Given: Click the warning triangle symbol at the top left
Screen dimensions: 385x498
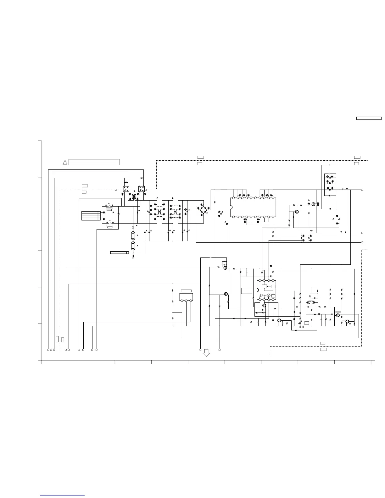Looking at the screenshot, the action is (x=65, y=162).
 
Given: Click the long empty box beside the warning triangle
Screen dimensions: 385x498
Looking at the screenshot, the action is (x=94, y=162).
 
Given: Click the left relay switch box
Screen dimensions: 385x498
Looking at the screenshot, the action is (x=126, y=190).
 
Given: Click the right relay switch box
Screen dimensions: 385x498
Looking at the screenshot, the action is (x=142, y=190).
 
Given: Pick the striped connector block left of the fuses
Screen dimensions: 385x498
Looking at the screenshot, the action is (x=91, y=216).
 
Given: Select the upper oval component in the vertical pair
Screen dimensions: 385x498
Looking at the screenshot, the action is (x=133, y=235).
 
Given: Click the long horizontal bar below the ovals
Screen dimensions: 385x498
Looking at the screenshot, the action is (x=120, y=252).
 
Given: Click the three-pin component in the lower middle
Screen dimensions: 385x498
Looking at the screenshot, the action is (x=186, y=297).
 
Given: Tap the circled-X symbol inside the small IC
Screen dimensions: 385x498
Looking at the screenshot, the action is (x=269, y=296).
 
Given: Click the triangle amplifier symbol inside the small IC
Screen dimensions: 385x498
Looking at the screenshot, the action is (x=262, y=296).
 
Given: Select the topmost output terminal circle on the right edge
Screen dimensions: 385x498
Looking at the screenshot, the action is (x=362, y=190).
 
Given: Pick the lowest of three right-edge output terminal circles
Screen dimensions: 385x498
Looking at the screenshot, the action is (x=362, y=242).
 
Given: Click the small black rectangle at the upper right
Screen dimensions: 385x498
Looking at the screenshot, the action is (x=369, y=119).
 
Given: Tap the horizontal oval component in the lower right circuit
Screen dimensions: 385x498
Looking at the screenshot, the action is (x=311, y=303).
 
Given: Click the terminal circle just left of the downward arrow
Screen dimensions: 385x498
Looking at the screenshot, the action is (x=200, y=350).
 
